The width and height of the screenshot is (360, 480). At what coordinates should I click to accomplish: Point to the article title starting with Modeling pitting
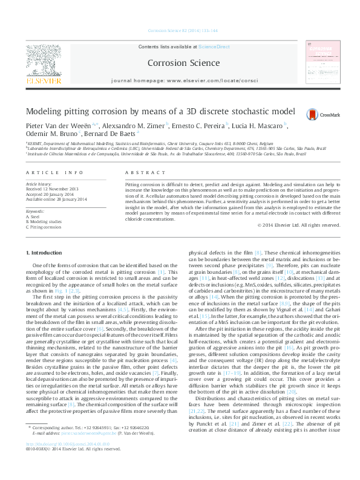(151, 112)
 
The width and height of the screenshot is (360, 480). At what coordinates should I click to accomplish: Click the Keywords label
(34, 212)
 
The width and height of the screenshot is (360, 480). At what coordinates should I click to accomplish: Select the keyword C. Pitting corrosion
(44, 227)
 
